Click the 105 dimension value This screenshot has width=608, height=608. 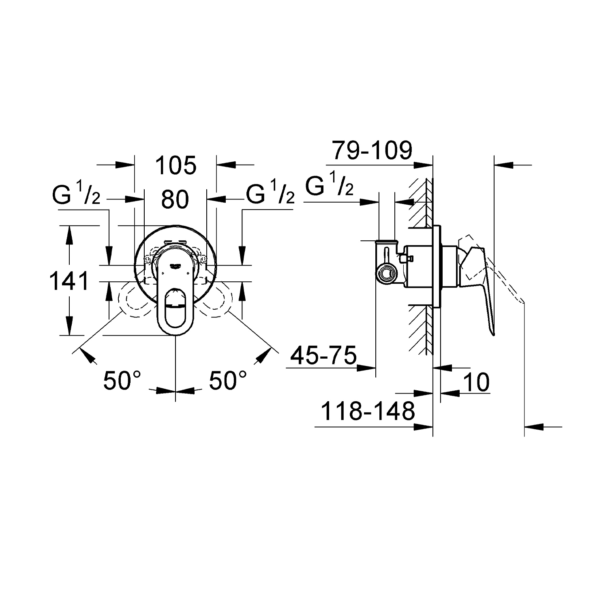coord(176,165)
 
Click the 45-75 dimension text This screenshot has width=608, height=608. coord(323,355)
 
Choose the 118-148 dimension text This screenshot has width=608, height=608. coord(368,411)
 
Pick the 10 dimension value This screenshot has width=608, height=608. coord(476,382)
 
